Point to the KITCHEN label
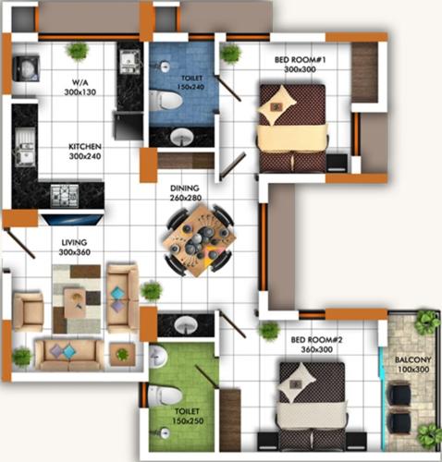point(84,146)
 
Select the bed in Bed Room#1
point(290,127)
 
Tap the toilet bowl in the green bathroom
point(165,392)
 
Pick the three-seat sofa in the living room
point(67,352)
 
